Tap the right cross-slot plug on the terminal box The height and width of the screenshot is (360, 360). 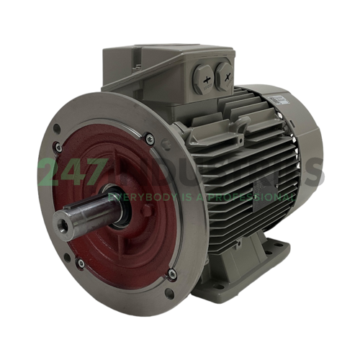(225, 71)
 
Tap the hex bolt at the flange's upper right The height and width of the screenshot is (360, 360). (149, 140)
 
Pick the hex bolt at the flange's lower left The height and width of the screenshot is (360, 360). (80, 263)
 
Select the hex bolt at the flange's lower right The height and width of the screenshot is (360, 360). (171, 274)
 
